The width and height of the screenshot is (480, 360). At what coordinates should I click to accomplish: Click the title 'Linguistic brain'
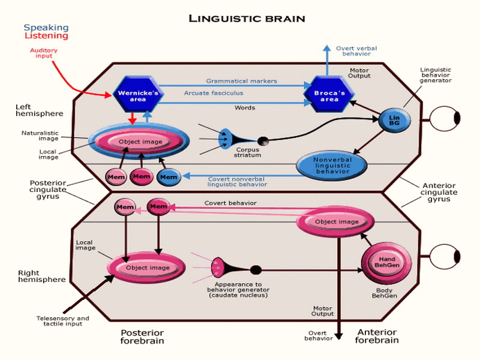pyautogui.click(x=247, y=18)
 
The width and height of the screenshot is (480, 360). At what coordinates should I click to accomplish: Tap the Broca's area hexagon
pyautogui.click(x=330, y=94)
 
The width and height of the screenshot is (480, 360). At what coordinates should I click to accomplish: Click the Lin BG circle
pyautogui.click(x=394, y=121)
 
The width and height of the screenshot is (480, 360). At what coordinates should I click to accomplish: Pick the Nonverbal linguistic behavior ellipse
pyautogui.click(x=332, y=166)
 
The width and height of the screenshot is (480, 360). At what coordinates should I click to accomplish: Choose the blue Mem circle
pyautogui.click(x=169, y=177)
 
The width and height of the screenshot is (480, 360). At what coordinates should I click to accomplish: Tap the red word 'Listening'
pyautogui.click(x=46, y=36)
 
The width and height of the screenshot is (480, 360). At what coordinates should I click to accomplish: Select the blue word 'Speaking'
pyautogui.click(x=46, y=28)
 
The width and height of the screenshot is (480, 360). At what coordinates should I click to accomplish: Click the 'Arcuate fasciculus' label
pyautogui.click(x=209, y=93)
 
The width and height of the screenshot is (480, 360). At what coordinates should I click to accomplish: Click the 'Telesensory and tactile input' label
pyautogui.click(x=62, y=321)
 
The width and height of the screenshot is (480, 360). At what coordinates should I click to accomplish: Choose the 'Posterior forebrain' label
pyautogui.click(x=142, y=337)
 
